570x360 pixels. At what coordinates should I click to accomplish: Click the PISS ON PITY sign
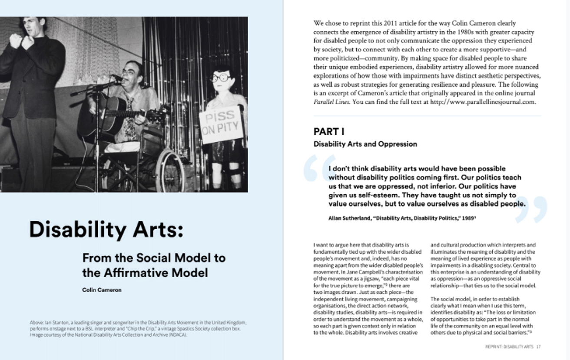221,124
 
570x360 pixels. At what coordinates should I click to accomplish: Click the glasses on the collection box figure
221,78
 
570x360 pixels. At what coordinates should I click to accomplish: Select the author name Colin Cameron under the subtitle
102,290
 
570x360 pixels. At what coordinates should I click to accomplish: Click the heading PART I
329,132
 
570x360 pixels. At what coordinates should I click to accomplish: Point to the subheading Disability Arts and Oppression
365,144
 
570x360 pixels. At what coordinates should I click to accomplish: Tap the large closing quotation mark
531,210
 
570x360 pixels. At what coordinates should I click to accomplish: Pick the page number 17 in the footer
538,347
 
